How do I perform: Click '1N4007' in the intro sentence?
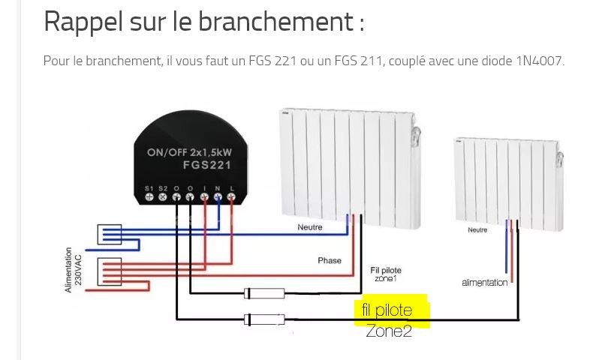[x=539, y=61]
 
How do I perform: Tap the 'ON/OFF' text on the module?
[x=167, y=152]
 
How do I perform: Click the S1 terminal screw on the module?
[x=149, y=196]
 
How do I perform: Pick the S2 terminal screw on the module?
[x=162, y=196]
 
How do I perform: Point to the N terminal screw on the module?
[x=218, y=196]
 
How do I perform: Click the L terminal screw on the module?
[x=231, y=196]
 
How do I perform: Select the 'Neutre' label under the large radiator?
[x=309, y=226]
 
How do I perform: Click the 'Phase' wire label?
[x=330, y=261]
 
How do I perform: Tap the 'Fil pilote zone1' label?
[x=385, y=274]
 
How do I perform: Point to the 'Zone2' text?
[x=389, y=330]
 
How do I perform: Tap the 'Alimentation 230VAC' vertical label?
[x=73, y=271]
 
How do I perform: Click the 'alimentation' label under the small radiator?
[x=484, y=283]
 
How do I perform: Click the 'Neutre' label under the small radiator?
[x=477, y=230]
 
